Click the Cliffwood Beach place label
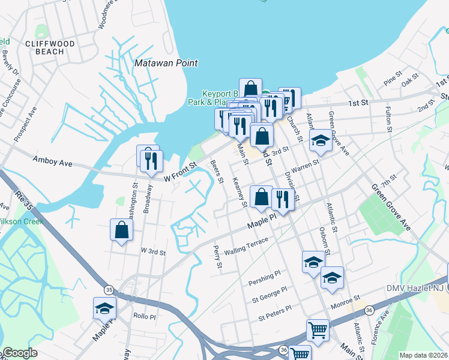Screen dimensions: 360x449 tap(45, 47)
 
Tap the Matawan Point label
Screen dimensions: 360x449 tap(166, 63)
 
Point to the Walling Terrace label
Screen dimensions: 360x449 tap(246, 245)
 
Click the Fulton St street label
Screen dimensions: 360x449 tap(389, 120)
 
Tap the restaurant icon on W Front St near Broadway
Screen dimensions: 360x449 tap(148, 160)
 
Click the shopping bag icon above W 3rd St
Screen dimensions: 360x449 tap(121, 230)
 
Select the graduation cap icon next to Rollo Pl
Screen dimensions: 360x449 tap(104, 308)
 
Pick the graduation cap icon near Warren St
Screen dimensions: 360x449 tap(321, 141)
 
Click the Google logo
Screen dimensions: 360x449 tap(20, 353)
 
